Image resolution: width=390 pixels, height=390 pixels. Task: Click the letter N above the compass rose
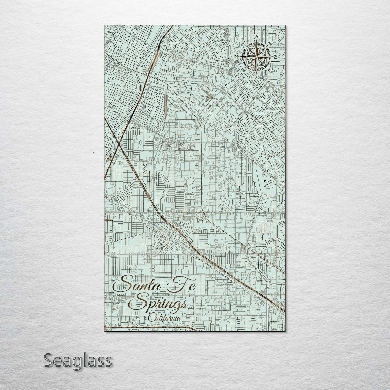257,37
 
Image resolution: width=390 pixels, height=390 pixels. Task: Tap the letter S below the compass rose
256,76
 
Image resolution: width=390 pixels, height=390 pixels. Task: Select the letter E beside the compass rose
275,57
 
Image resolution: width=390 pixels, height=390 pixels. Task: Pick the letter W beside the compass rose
237,57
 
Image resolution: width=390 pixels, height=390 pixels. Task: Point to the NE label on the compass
269,43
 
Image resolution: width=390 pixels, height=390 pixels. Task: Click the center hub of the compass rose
256,57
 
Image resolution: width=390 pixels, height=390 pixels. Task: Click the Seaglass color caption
77,360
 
